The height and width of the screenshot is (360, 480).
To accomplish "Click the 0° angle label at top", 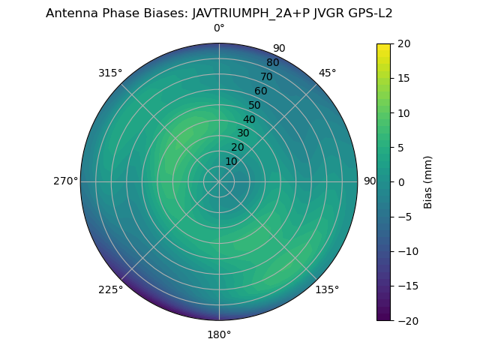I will click(219, 28).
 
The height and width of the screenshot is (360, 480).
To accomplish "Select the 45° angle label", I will click(327, 73).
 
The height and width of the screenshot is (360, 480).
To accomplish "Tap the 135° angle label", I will click(327, 289).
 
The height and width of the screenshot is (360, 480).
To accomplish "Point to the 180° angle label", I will click(219, 334).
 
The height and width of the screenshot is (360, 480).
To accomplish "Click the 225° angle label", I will click(110, 289).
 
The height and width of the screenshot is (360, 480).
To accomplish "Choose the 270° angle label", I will click(65, 181).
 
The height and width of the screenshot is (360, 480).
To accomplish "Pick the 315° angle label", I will click(110, 73).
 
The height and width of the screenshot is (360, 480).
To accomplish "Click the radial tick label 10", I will click(231, 161).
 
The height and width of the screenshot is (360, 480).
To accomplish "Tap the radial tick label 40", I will click(249, 119).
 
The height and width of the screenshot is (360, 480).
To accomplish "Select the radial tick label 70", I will click(266, 76).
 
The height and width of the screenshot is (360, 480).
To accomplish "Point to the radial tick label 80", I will click(272, 62).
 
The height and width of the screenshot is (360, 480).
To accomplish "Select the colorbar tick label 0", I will click(400, 181).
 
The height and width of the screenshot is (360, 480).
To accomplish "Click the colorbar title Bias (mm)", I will click(428, 181).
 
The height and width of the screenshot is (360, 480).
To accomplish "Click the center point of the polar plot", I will click(219, 181).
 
